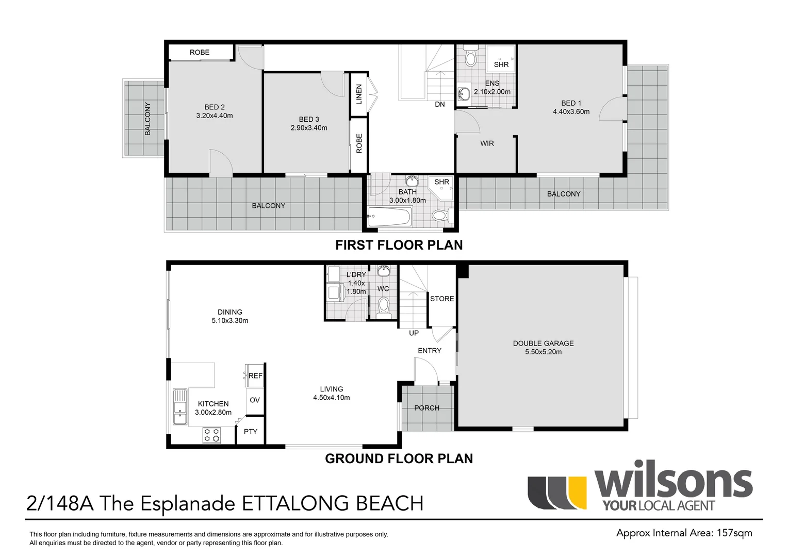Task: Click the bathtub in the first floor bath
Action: click(x=389, y=216)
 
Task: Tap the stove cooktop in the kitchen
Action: click(x=212, y=435)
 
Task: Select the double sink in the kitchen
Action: click(x=180, y=406)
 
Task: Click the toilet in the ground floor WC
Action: click(x=383, y=307)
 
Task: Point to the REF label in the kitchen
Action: click(x=255, y=376)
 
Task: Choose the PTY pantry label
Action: click(x=251, y=432)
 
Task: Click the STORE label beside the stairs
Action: click(x=442, y=299)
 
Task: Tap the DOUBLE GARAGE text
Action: click(x=543, y=343)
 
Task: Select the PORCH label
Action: click(x=426, y=408)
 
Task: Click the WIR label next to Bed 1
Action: click(x=487, y=143)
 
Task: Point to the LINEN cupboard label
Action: click(x=359, y=94)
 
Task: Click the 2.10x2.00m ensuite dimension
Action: click(x=492, y=92)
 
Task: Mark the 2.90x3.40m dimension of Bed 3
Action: click(x=309, y=128)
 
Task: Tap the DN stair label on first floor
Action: click(x=440, y=105)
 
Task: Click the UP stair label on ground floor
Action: click(x=414, y=333)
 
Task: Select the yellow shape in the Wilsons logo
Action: click(x=577, y=492)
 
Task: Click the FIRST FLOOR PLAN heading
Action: click(x=399, y=245)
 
